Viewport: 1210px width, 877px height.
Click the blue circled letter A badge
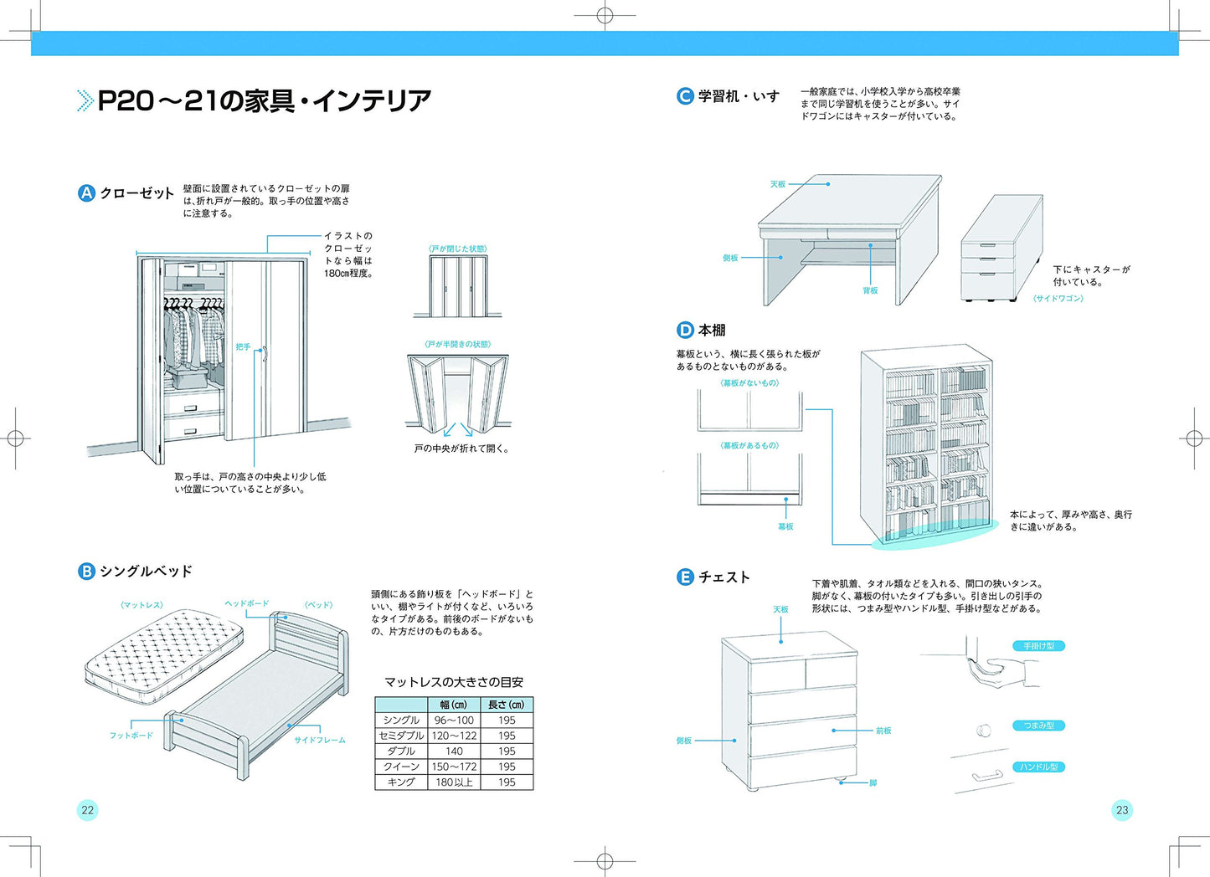coord(86,193)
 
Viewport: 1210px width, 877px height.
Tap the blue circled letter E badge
coord(685,577)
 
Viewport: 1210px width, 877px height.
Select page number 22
coord(87,809)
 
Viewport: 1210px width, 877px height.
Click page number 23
coord(1122,809)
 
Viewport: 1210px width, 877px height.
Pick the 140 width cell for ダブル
coord(454,751)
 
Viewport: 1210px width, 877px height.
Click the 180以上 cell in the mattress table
coord(454,782)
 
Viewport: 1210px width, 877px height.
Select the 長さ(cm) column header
coord(506,705)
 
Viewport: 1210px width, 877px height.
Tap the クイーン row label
coord(401,767)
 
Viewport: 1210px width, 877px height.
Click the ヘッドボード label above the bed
coord(246,603)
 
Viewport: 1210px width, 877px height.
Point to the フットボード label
coord(131,736)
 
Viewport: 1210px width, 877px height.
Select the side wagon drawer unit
coord(1001,249)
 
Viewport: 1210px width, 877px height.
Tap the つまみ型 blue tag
coord(1038,726)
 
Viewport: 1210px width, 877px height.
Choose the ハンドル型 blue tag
coord(1038,767)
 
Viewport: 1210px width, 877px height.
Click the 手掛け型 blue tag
coord(1038,646)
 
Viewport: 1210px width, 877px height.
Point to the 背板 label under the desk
coord(870,290)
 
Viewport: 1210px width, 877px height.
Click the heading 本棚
coord(712,331)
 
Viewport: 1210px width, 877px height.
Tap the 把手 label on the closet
coord(243,346)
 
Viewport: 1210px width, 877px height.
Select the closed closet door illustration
coord(457,285)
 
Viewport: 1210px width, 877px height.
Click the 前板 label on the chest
coord(883,731)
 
